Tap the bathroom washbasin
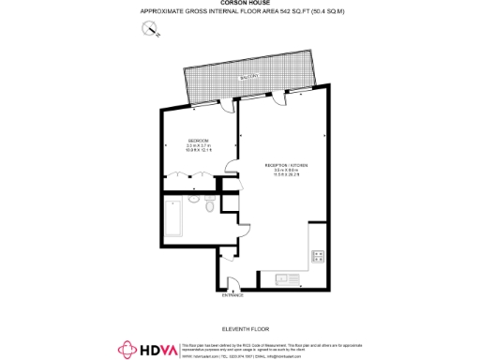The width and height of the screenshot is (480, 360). coord(192,199)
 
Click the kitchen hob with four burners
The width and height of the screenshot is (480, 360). coord(319,255)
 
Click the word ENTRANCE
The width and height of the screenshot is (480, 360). coord(232,295)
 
